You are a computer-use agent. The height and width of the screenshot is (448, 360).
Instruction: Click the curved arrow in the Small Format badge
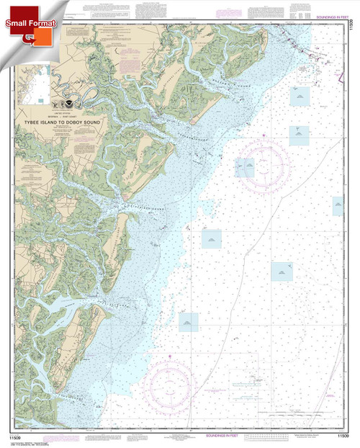coord(34,37)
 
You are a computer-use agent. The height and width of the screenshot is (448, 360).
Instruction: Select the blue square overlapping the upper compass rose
coord(246,168)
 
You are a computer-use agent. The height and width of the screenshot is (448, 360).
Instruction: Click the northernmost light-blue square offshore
coord(298,94)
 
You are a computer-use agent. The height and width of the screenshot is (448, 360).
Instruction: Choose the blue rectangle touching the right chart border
coord(338,206)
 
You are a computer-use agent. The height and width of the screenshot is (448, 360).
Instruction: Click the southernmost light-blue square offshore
coord(189,322)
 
